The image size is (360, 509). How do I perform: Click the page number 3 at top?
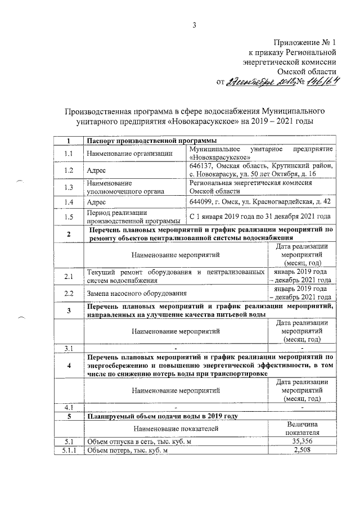[195, 24]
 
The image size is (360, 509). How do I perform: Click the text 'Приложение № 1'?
[305, 43]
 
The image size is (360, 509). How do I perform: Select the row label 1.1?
[69, 153]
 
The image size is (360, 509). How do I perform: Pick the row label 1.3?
[69, 187]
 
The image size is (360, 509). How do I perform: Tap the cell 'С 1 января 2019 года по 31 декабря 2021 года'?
[259, 217]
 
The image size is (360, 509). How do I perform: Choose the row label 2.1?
[69, 276]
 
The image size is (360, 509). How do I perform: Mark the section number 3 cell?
[69, 310]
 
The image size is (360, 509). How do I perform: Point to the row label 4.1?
[69, 407]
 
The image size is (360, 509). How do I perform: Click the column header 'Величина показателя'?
[303, 429]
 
